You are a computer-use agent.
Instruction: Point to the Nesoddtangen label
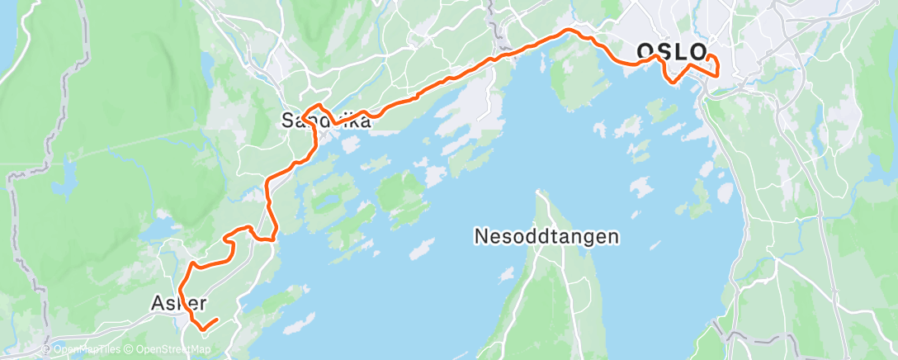546,237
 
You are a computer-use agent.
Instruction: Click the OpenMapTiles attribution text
82,350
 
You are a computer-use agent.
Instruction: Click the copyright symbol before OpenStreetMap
128,350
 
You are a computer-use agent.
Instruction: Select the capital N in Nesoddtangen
480,237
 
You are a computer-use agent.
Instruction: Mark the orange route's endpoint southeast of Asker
216,320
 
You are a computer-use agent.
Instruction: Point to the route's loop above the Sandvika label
314,110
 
